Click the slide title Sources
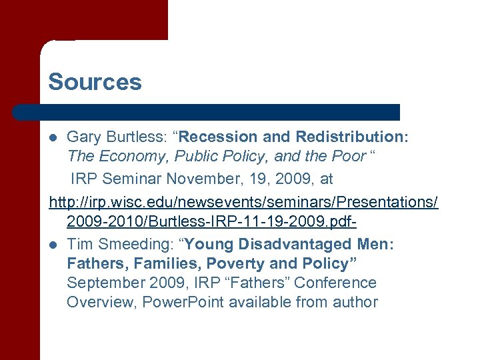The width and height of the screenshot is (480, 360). [95, 82]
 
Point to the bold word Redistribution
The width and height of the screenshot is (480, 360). [352, 137]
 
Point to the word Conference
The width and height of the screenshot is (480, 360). [335, 283]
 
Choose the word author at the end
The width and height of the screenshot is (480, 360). [357, 303]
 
